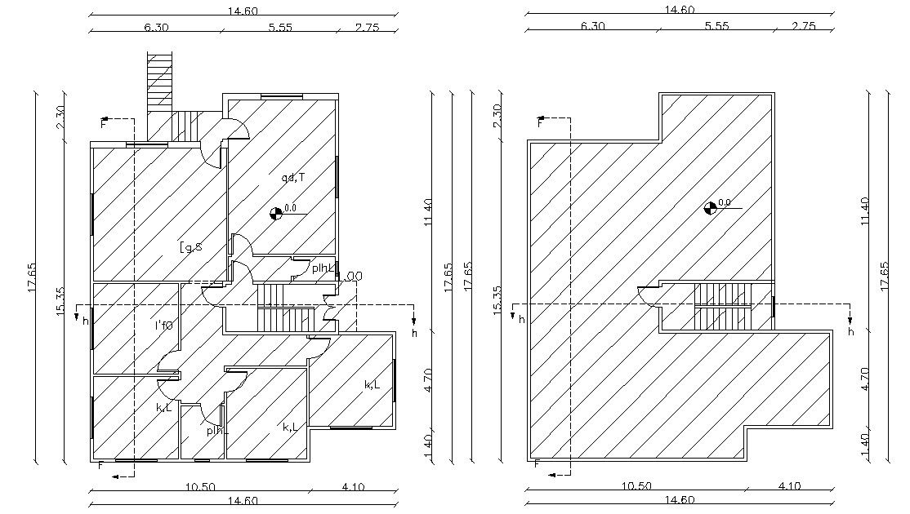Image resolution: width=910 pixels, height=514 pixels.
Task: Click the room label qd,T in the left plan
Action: click(x=292, y=177)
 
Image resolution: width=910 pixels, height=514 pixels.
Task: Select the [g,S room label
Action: click(x=191, y=247)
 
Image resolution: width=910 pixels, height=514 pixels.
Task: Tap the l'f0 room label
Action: click(x=164, y=326)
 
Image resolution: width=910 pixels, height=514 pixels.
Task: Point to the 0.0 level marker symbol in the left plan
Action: click(x=277, y=213)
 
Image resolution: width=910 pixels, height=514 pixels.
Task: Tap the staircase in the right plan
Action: click(x=721, y=305)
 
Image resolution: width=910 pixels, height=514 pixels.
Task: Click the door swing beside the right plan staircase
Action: click(x=651, y=295)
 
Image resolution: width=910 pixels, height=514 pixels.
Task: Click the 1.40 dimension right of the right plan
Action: click(x=866, y=445)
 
